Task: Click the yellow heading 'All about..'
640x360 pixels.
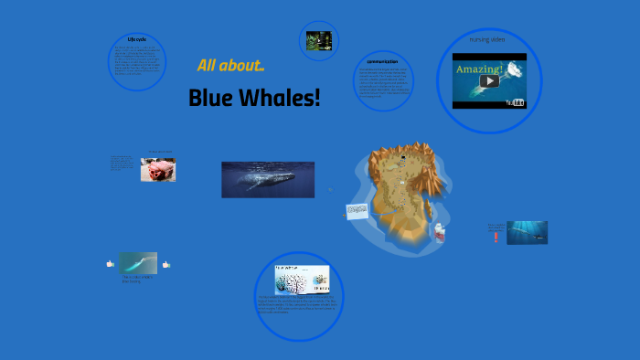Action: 230,66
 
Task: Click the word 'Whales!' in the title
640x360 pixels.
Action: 278,97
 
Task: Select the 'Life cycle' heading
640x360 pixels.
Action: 137,39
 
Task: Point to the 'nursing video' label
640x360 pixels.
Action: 487,40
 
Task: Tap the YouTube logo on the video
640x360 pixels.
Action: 517,102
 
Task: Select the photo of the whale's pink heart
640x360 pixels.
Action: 157,170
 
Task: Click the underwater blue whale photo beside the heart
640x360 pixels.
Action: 267,180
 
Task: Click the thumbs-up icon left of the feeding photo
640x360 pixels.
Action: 111,264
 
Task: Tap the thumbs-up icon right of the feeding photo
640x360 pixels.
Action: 166,264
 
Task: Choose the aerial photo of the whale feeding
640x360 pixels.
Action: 138,263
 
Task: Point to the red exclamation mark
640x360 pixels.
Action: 496,236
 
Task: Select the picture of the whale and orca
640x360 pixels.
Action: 527,232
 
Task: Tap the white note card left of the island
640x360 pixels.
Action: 357,210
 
